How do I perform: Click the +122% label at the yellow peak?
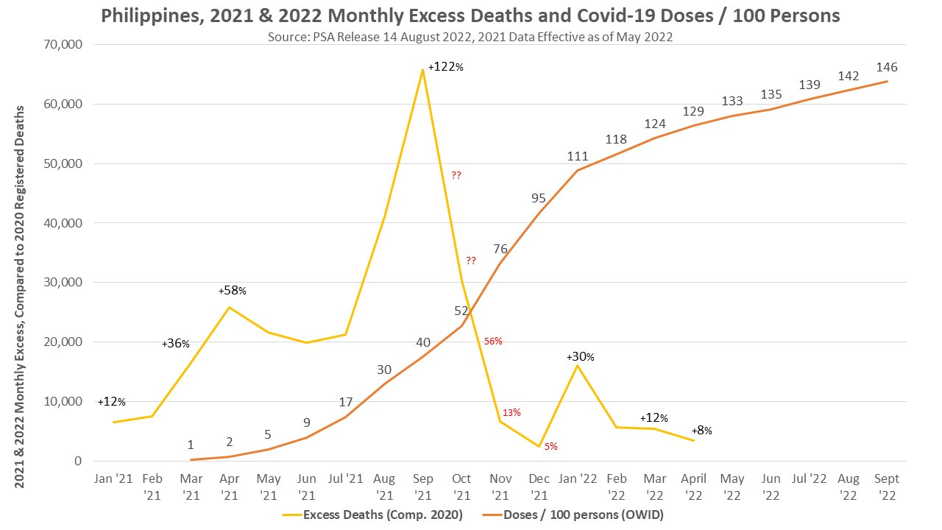445,66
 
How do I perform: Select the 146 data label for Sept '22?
885,67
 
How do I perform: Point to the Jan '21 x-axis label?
113,478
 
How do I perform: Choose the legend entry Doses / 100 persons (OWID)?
583,515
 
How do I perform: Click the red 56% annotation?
493,341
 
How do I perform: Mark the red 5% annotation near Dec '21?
550,446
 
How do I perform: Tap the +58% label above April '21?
232,291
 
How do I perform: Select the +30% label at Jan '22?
580,357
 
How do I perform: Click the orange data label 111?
578,156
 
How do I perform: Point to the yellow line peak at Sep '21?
422,69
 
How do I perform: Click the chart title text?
470,15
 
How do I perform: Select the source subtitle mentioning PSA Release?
470,35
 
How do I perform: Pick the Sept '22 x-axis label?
885,485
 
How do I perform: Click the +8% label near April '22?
701,431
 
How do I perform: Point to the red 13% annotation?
511,412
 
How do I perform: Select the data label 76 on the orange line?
500,250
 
